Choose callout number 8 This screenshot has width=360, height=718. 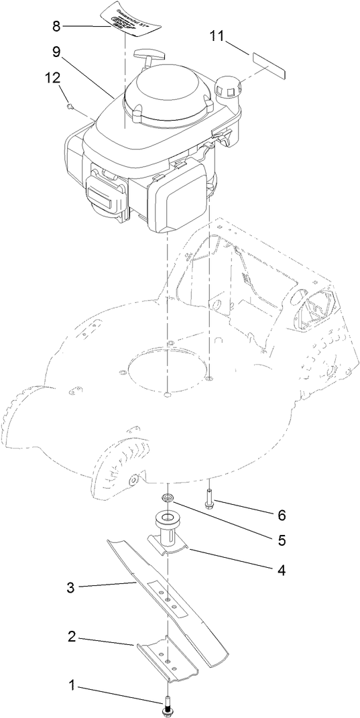pos(56,26)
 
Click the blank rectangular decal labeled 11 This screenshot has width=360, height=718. pos(269,62)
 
